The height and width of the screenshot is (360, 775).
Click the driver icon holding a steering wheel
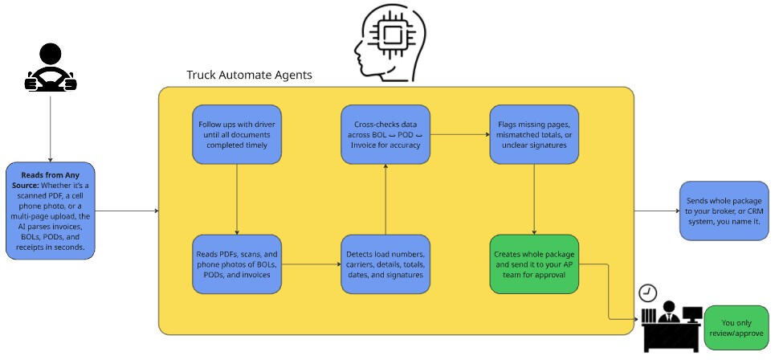point(51,69)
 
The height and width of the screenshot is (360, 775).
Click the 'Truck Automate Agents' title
point(249,75)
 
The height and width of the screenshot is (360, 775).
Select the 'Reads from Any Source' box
point(51,211)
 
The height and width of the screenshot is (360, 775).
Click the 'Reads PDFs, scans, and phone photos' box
point(237,264)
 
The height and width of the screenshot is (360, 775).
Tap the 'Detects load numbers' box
point(386,264)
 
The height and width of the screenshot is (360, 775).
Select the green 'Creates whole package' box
point(534,264)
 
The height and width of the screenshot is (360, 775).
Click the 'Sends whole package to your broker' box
point(724,211)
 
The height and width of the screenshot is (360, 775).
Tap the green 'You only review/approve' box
point(736,327)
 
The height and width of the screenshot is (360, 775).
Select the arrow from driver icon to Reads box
point(51,129)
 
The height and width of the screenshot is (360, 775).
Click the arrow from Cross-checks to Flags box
point(460,134)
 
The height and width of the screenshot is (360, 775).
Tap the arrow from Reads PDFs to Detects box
point(312,264)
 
